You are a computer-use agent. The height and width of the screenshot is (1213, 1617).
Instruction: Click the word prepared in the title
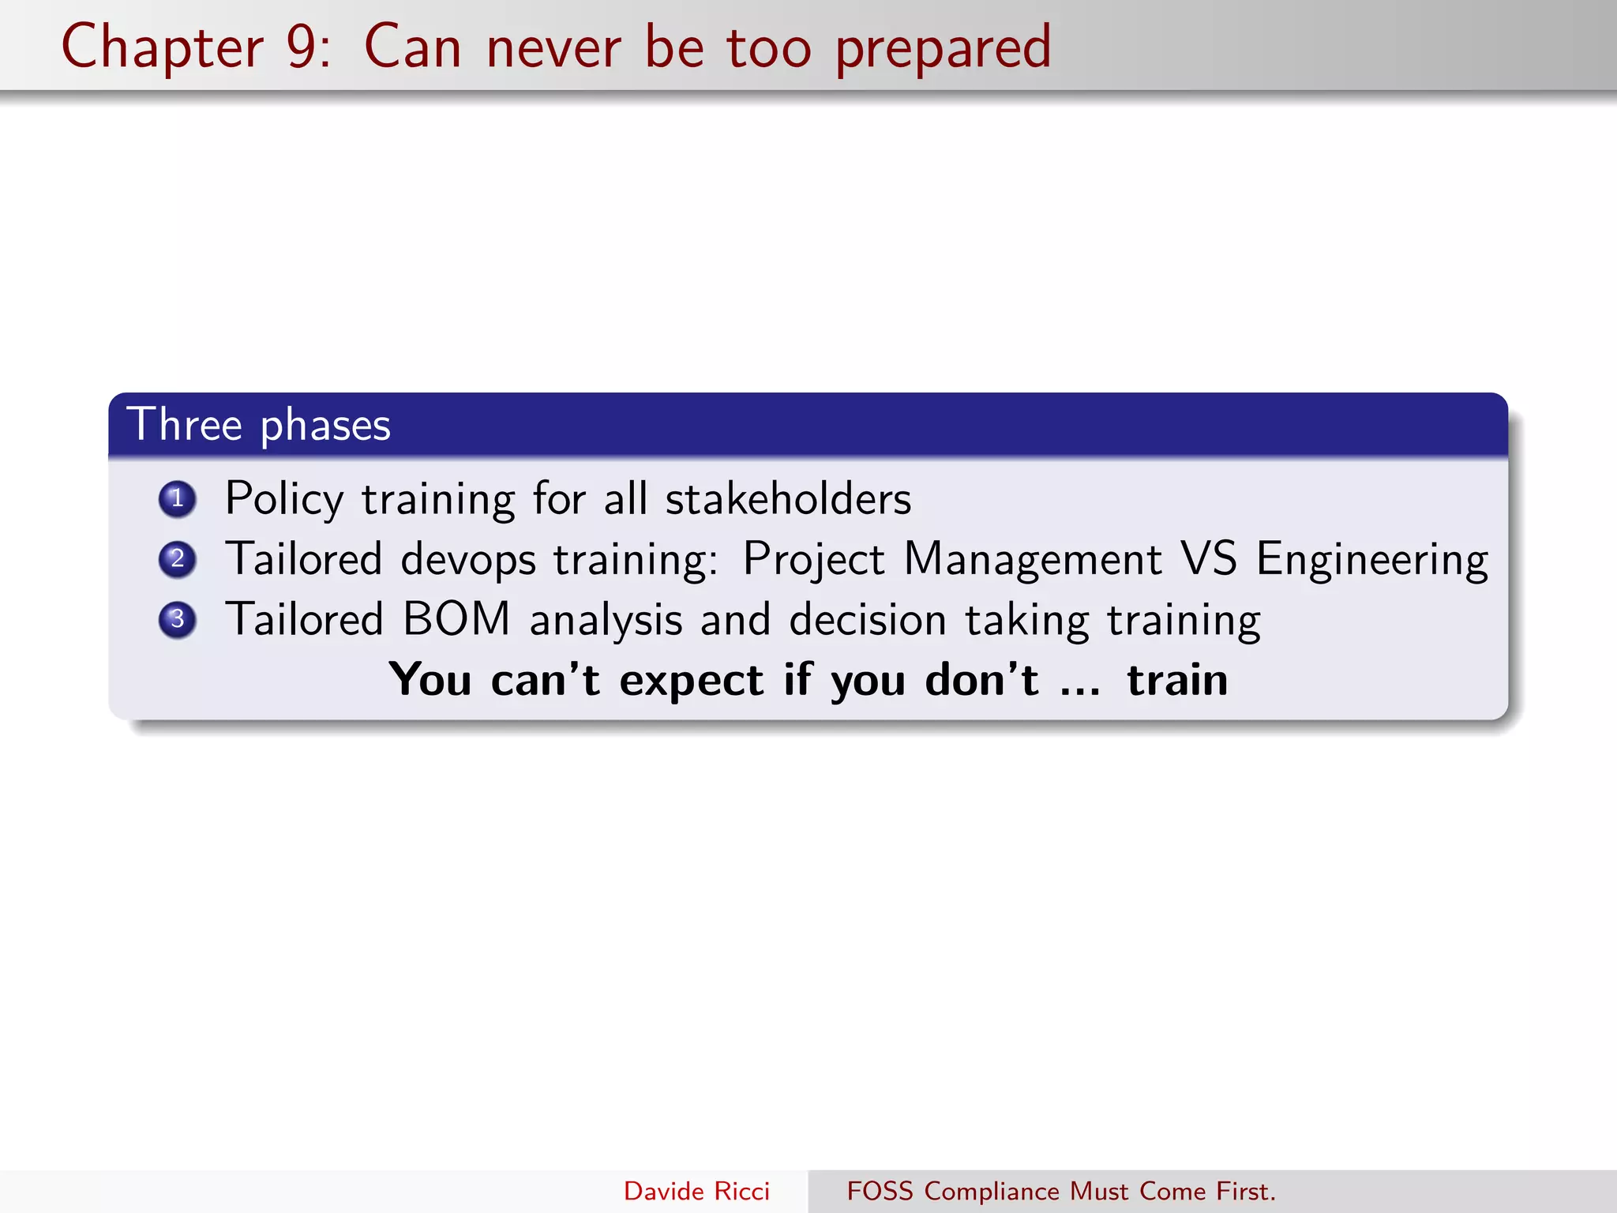pos(943,49)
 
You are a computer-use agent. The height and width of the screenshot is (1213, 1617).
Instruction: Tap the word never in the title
pos(553,47)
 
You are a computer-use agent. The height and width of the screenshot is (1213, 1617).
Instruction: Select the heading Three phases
pos(259,425)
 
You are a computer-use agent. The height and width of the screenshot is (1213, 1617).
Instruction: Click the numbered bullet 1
pos(177,499)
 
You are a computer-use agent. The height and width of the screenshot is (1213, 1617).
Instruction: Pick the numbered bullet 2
pos(177,559)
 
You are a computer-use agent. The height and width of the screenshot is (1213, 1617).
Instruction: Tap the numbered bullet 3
pos(177,619)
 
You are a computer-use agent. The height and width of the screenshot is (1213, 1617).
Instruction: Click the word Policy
pos(284,499)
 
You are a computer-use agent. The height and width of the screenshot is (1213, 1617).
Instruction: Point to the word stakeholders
pos(788,499)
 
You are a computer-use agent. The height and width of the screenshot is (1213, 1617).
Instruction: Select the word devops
pos(468,560)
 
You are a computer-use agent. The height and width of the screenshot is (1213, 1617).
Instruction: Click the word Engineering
pos(1372,560)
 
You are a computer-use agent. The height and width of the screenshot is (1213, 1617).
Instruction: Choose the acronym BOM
pos(456,618)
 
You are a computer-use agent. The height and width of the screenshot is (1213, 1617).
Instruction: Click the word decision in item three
pos(867,619)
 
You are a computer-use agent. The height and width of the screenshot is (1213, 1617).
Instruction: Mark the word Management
pos(1032,559)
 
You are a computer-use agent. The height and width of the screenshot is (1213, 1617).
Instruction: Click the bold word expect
pos(691,681)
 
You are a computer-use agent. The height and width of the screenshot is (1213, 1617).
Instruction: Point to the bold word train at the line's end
pos(1176,680)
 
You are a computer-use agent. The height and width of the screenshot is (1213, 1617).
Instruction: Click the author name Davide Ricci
pos(696,1191)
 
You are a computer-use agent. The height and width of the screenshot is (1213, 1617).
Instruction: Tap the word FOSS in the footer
pos(880,1191)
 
